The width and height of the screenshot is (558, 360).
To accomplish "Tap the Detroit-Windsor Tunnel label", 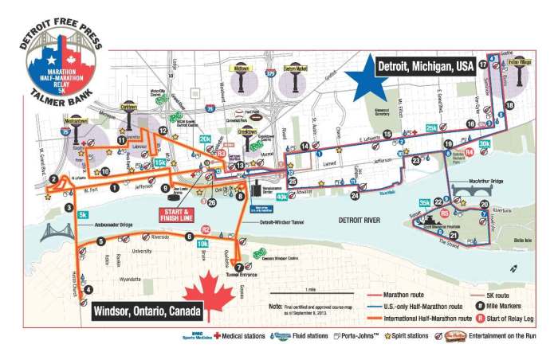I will tap(281, 223).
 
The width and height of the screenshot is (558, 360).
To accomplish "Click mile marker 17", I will tap(483, 63).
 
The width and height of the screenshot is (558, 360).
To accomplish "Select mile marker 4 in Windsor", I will tap(88, 290).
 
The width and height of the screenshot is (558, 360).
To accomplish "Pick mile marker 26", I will tap(211, 202).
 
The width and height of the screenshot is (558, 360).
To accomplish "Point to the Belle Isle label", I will tap(523, 238).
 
